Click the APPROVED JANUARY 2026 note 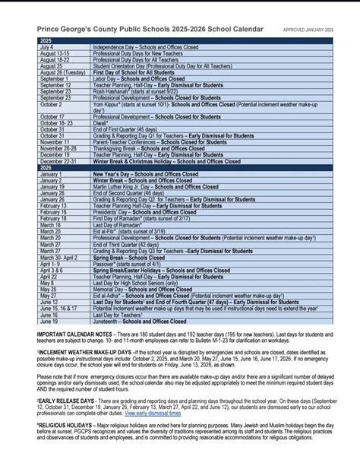pos(308,30)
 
